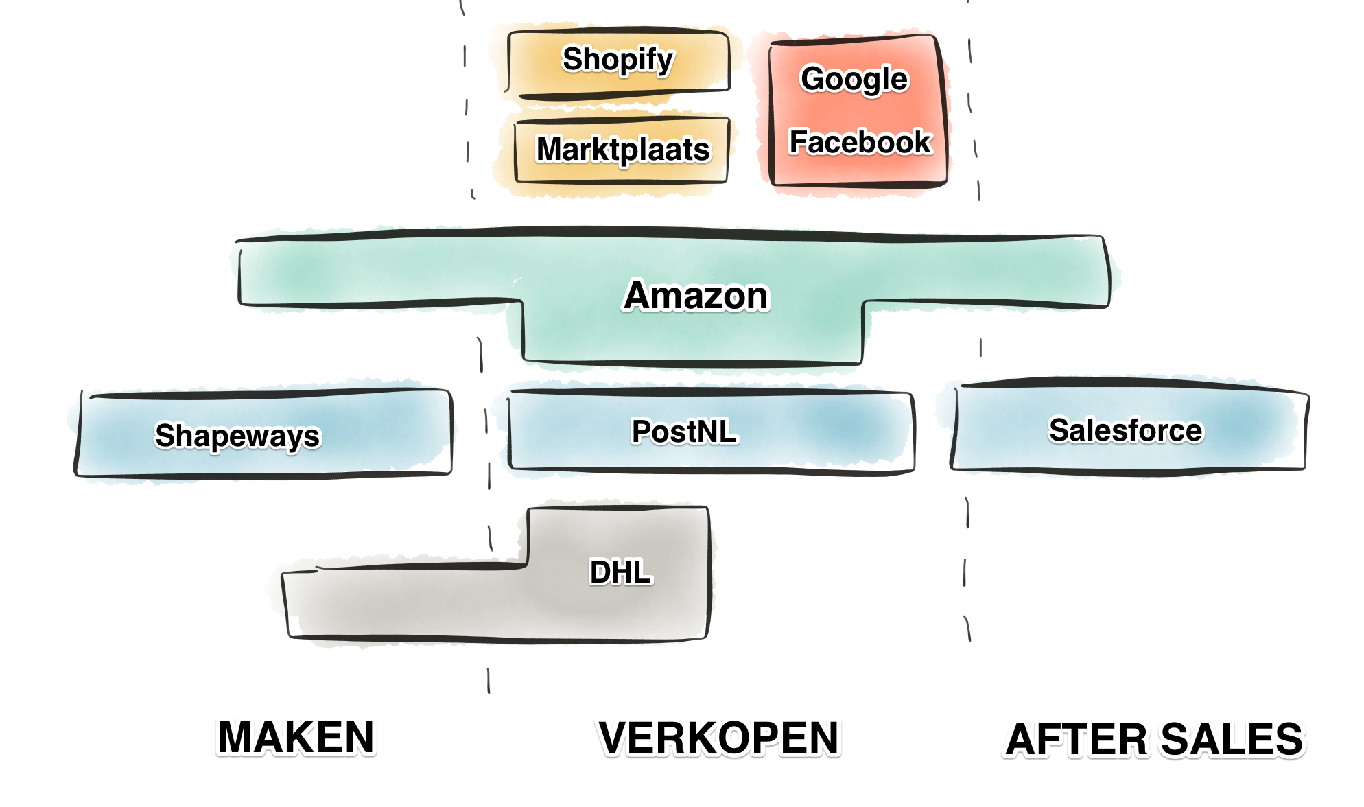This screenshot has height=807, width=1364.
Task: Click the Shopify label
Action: pyautogui.click(x=618, y=60)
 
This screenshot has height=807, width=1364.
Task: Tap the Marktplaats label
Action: pyautogui.click(x=623, y=150)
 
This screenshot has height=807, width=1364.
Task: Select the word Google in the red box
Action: pyautogui.click(x=854, y=80)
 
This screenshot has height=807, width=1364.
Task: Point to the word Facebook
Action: pyautogui.click(x=860, y=143)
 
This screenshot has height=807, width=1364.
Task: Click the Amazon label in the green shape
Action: pyautogui.click(x=696, y=296)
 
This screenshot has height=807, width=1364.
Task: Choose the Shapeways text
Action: pyautogui.click(x=237, y=436)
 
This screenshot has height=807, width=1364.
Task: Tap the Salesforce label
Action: pyautogui.click(x=1125, y=431)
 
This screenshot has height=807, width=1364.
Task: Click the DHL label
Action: pyautogui.click(x=620, y=572)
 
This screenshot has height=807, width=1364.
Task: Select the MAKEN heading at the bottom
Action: pyautogui.click(x=296, y=737)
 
